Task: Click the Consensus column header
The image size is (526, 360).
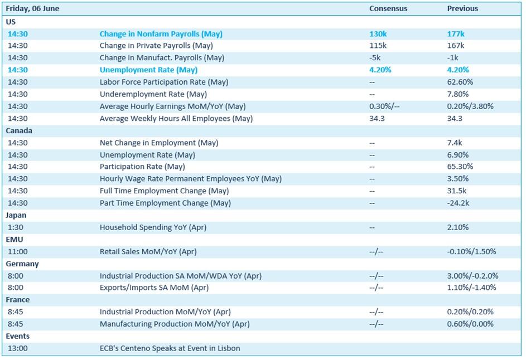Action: (x=388, y=9)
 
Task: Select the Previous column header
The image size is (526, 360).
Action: (x=462, y=9)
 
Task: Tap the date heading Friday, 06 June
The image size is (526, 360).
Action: (x=32, y=9)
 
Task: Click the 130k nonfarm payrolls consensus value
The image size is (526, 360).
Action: (x=378, y=34)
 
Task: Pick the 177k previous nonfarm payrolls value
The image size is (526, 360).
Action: (x=456, y=34)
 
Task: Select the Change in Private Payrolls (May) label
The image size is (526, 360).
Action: (x=156, y=46)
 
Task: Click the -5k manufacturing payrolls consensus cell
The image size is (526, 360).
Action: (x=375, y=57)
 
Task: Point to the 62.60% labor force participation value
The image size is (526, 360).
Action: (x=460, y=82)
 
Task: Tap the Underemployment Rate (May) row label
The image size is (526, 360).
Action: (x=153, y=95)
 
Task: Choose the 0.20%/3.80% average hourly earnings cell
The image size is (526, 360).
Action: (x=470, y=106)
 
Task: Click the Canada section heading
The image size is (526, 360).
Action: (x=19, y=131)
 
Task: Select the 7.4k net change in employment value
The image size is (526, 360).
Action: (x=455, y=143)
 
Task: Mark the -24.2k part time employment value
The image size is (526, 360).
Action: (x=459, y=203)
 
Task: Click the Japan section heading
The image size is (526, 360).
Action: (x=16, y=216)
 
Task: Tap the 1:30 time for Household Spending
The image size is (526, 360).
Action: (x=16, y=227)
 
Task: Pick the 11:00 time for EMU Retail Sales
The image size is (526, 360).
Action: (x=18, y=252)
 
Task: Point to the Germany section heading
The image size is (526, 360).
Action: (x=22, y=264)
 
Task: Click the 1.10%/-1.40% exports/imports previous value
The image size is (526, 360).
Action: (x=472, y=288)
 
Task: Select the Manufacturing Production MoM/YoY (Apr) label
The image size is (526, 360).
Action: (x=175, y=324)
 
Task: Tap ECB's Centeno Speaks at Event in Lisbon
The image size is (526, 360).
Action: (x=170, y=348)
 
